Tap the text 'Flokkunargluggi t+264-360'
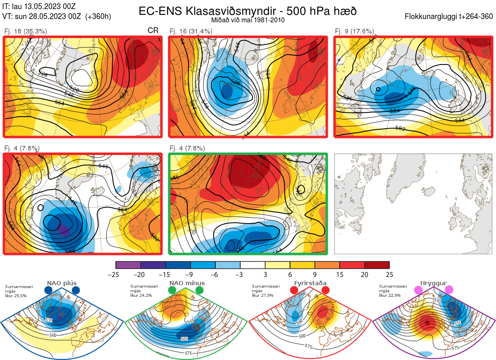point(450,17)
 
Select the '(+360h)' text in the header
point(98,17)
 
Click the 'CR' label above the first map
point(153,31)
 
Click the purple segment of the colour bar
point(128,265)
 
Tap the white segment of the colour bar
point(253,265)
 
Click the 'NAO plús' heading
point(62,283)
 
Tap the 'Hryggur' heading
point(433,283)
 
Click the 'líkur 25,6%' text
point(16,296)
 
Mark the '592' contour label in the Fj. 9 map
point(400,128)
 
